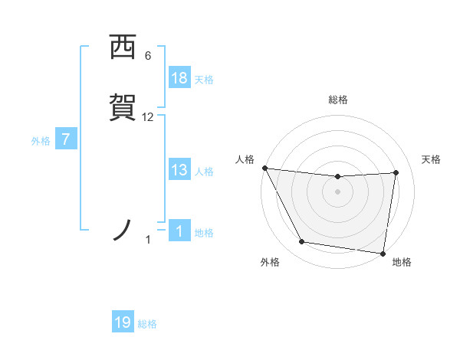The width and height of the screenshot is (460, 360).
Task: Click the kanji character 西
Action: click(122, 47)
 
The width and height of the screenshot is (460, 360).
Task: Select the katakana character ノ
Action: click(123, 231)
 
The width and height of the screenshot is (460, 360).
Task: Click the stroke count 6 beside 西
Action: click(148, 56)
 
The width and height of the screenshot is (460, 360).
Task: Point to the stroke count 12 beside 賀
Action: click(148, 117)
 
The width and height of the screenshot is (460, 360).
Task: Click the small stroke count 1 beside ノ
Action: click(148, 240)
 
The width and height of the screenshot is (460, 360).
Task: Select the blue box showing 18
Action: click(179, 78)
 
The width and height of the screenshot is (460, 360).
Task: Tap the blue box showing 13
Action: click(179, 170)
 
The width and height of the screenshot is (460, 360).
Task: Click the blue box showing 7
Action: click(66, 140)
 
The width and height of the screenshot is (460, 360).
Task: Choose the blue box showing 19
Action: click(123, 322)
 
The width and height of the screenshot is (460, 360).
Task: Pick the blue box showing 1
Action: click(179, 231)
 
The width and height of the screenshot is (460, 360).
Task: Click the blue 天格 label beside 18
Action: click(204, 80)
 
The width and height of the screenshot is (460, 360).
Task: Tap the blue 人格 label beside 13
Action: click(204, 172)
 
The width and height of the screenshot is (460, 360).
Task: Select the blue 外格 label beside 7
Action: click(41, 141)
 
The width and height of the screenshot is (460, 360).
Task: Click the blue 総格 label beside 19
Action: click(147, 324)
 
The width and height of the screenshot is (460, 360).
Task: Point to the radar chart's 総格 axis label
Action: click(338, 100)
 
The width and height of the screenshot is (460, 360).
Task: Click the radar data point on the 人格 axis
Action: click(264, 168)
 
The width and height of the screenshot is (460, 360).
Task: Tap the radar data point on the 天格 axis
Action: click(396, 172)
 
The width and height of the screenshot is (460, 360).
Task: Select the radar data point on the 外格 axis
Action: click(301, 243)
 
